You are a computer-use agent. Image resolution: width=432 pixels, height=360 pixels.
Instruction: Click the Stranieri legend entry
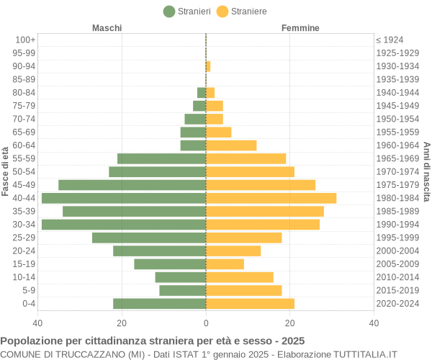[187, 12]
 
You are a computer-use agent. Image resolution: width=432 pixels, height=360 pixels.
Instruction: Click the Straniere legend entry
[242, 12]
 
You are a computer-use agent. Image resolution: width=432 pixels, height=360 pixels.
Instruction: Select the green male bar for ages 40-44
[124, 198]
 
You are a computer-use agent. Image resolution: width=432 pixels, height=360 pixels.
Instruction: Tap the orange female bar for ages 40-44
[271, 198]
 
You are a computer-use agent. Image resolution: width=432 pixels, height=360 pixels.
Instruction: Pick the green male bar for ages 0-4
[160, 304]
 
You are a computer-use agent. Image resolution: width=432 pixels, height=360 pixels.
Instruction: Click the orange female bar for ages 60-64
[231, 145]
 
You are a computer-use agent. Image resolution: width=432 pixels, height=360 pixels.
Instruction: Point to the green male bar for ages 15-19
[170, 264]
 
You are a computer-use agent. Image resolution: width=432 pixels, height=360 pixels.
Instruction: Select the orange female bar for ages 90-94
[208, 66]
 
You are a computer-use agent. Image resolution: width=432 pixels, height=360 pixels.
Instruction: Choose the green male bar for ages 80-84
[202, 92]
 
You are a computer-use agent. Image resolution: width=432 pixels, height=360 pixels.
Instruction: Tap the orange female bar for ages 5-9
[243, 291]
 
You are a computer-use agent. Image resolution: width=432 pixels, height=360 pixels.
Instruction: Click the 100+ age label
[25, 40]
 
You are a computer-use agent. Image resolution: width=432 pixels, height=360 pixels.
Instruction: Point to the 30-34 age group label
[24, 225]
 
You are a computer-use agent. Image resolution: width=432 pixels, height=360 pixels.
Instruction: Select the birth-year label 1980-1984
[397, 198]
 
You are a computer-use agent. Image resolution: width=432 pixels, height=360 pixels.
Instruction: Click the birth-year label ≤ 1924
[390, 40]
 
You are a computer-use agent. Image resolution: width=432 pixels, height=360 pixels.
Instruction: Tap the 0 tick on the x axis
[206, 323]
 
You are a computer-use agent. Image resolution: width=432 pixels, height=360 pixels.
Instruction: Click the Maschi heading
[107, 28]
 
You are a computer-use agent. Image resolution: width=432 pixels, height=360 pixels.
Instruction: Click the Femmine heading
[300, 28]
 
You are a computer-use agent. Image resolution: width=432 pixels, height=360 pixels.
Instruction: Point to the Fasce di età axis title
[6, 171]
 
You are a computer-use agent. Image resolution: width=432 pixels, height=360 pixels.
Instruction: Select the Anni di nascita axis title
[426, 171]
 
